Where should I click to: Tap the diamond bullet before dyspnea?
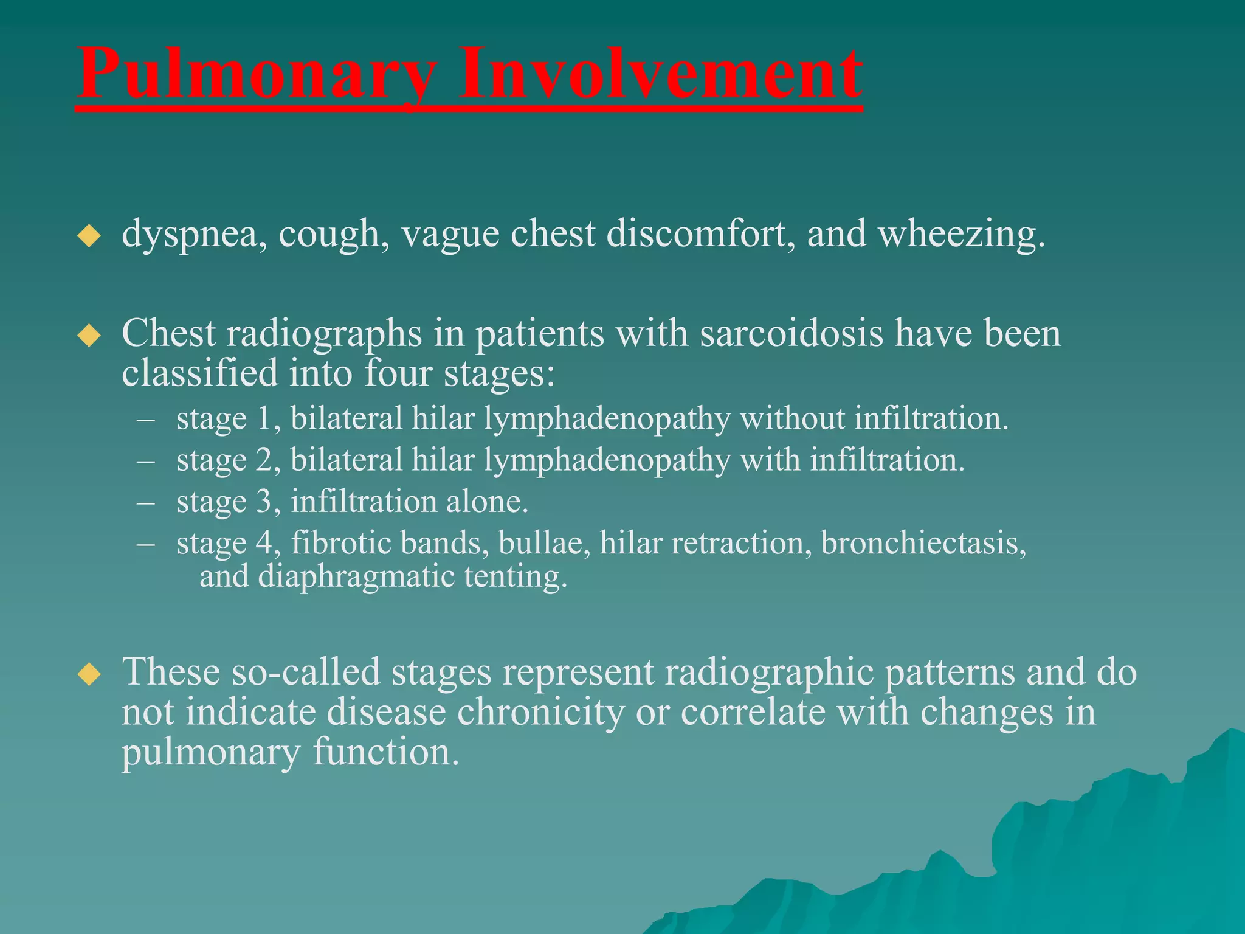click(89, 235)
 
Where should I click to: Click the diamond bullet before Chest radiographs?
click(89, 335)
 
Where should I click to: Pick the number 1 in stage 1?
click(264, 419)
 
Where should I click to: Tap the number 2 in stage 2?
click(264, 460)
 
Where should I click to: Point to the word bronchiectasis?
click(919, 542)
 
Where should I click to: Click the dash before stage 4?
click(146, 543)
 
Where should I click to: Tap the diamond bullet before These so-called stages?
click(89, 674)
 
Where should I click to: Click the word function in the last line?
click(385, 752)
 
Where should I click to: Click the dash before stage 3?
click(146, 502)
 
